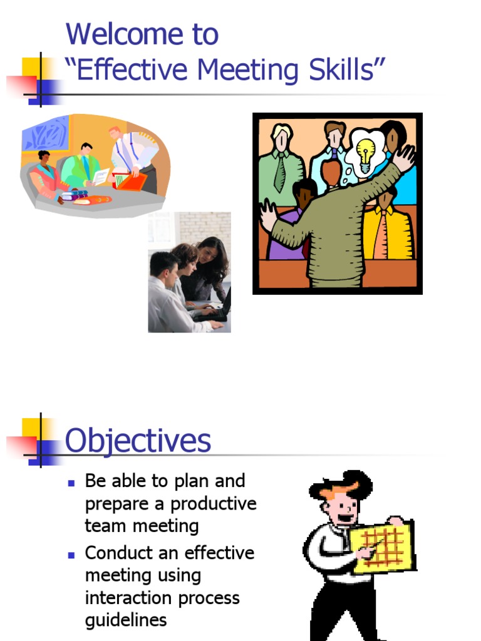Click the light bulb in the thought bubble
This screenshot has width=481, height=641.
[365, 152]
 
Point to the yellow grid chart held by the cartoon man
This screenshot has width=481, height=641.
[383, 546]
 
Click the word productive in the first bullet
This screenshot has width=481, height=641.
[214, 504]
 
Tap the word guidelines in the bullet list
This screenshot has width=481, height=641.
[126, 620]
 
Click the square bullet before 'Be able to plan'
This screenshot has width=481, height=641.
[71, 483]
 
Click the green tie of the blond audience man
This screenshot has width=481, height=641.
[280, 172]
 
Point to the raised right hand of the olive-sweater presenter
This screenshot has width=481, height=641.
[404, 156]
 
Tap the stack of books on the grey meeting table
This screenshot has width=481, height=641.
[74, 195]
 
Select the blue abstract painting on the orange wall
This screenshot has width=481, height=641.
[46, 134]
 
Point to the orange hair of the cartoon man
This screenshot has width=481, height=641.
[339, 489]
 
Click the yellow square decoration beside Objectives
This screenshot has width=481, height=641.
[32, 428]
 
